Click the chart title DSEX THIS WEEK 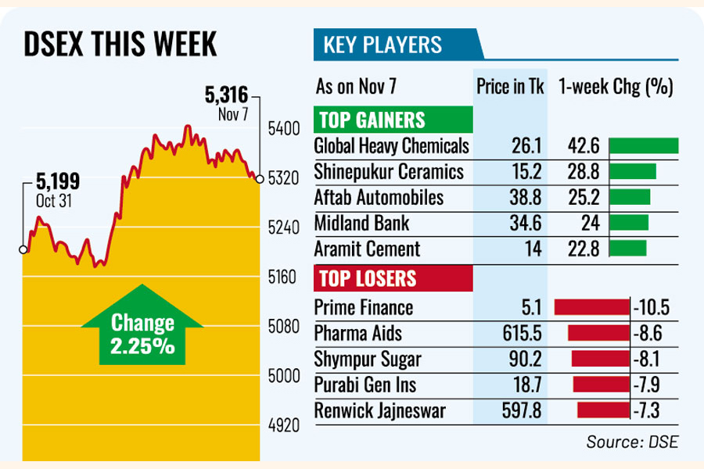pos(120,45)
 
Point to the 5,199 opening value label pos(57,183)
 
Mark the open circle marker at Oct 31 pos(23,250)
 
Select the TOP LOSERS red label pos(365,277)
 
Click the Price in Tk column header pos(509,85)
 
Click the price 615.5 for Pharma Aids pos(515,334)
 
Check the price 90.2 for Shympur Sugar pos(518,359)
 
